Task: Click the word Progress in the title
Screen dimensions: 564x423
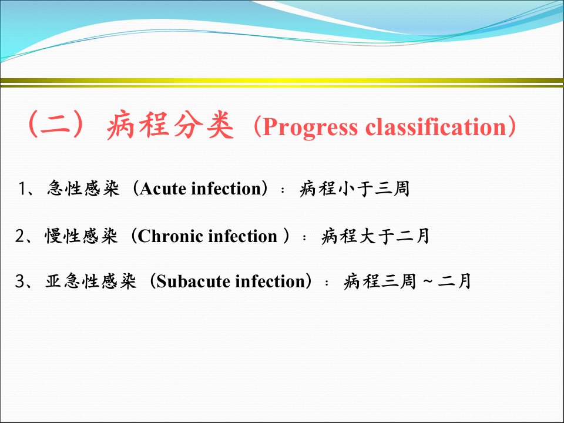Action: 310,127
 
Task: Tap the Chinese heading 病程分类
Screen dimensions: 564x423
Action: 170,126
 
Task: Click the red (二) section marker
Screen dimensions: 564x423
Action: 56,125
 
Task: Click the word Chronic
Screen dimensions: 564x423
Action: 171,236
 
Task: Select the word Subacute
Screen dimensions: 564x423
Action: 193,281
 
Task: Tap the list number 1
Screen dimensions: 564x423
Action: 23,189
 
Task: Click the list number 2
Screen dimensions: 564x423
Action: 20,236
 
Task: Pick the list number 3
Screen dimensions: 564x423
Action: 20,281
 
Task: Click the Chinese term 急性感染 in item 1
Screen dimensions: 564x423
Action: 83,188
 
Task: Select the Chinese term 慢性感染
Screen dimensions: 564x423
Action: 81,236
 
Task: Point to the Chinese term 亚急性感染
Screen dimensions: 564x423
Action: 91,281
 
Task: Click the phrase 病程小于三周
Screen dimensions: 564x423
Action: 355,188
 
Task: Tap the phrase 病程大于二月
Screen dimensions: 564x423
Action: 375,236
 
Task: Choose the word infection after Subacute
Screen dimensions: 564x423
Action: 270,281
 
